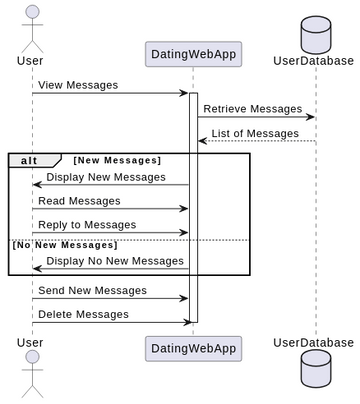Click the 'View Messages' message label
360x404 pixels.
[78, 85]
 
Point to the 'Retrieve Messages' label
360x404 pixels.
[252, 109]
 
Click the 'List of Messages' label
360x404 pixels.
[257, 133]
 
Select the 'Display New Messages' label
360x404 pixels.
[106, 177]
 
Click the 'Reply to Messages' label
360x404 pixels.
[87, 225]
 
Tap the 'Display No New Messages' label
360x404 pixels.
[115, 261]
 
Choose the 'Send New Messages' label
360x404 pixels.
[92, 291]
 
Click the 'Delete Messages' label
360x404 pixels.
[83, 314]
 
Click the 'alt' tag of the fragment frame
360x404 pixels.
[31, 160]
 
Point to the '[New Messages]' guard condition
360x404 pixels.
[117, 160]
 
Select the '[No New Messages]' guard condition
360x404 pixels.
[64, 244]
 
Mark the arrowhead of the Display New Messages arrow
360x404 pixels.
[37, 184]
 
